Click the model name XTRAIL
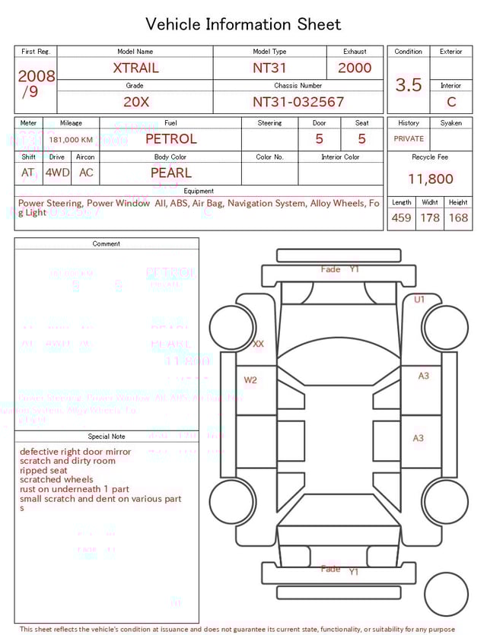click(x=136, y=68)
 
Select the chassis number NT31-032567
click(x=298, y=102)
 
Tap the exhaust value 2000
click(x=355, y=68)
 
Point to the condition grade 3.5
click(x=409, y=84)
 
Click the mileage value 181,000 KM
click(x=71, y=140)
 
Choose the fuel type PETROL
click(x=170, y=138)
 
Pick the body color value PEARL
click(x=170, y=173)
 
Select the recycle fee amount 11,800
click(x=430, y=179)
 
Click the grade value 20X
click(x=136, y=102)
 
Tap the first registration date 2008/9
click(x=36, y=84)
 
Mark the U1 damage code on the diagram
click(x=419, y=300)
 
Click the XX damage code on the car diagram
click(x=258, y=344)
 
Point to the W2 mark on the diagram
click(x=250, y=379)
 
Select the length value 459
click(x=401, y=217)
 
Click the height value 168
click(x=458, y=217)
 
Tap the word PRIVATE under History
click(x=409, y=139)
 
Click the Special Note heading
click(x=107, y=437)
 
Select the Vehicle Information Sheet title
click(x=243, y=24)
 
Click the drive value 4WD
click(x=57, y=173)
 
